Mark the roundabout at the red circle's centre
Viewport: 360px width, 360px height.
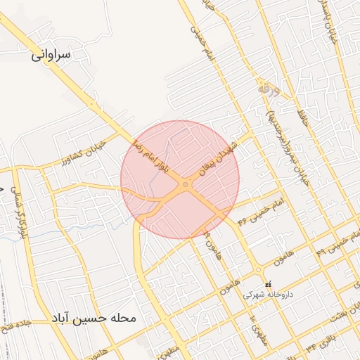pyautogui.click(x=185, y=185)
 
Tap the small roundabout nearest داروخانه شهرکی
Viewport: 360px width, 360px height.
pyautogui.click(x=259, y=270)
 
